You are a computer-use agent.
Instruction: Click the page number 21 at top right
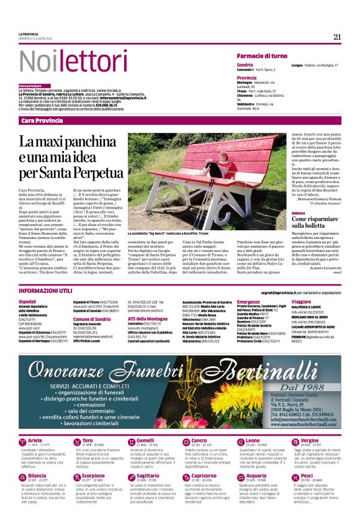(337, 37)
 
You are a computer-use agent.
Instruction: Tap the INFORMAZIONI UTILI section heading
(47, 291)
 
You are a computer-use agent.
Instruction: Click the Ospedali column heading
(28, 301)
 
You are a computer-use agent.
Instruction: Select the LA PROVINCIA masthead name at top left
(29, 34)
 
